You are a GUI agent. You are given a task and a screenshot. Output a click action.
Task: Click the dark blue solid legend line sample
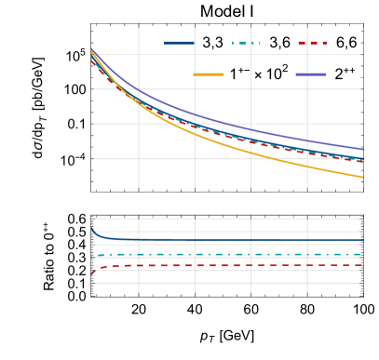click(x=179, y=43)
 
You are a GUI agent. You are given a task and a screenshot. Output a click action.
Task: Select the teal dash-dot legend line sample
click(x=246, y=43)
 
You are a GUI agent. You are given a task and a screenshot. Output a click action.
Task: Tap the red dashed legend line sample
click(x=312, y=43)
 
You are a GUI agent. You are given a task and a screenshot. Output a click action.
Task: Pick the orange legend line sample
click(x=208, y=73)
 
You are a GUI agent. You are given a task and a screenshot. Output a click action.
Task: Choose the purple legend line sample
click(x=310, y=73)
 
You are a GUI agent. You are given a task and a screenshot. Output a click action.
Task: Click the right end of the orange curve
click(x=362, y=177)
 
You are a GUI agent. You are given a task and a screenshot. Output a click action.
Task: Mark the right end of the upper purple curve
click(x=362, y=149)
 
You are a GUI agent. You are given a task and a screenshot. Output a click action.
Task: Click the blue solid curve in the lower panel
click(x=223, y=239)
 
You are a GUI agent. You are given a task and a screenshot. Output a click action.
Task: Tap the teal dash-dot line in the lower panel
click(x=223, y=254)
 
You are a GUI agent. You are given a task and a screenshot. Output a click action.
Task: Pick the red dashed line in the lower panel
click(x=223, y=266)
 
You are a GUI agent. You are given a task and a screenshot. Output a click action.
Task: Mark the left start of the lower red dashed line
click(x=92, y=273)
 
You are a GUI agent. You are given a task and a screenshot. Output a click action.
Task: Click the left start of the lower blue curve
click(x=91, y=227)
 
